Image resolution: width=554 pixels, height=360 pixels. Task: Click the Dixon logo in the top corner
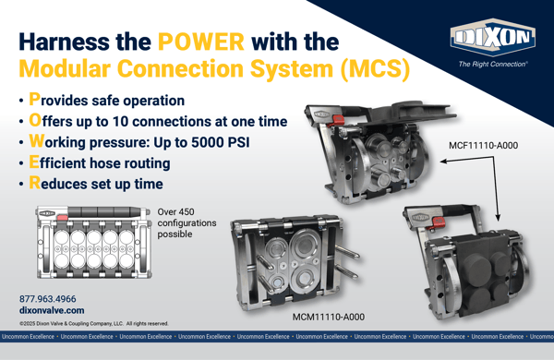click(x=492, y=38)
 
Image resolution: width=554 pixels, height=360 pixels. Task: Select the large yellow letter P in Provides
click(x=34, y=99)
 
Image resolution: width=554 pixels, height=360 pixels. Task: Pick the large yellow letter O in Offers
click(x=34, y=120)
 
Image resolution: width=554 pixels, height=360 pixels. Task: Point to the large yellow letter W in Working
click(x=36, y=141)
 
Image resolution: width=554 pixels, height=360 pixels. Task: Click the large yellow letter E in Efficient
click(x=33, y=162)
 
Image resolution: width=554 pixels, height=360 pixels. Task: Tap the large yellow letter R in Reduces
click(x=34, y=184)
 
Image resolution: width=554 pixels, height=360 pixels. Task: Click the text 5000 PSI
click(x=222, y=143)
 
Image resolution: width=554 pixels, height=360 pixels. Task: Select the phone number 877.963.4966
click(x=49, y=299)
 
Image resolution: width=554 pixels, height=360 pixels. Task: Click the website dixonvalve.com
click(x=52, y=311)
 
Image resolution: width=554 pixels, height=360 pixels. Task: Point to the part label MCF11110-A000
click(x=483, y=146)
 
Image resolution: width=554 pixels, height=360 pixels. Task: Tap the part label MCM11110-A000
click(x=328, y=317)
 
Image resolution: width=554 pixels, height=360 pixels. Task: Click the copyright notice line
click(x=93, y=324)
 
